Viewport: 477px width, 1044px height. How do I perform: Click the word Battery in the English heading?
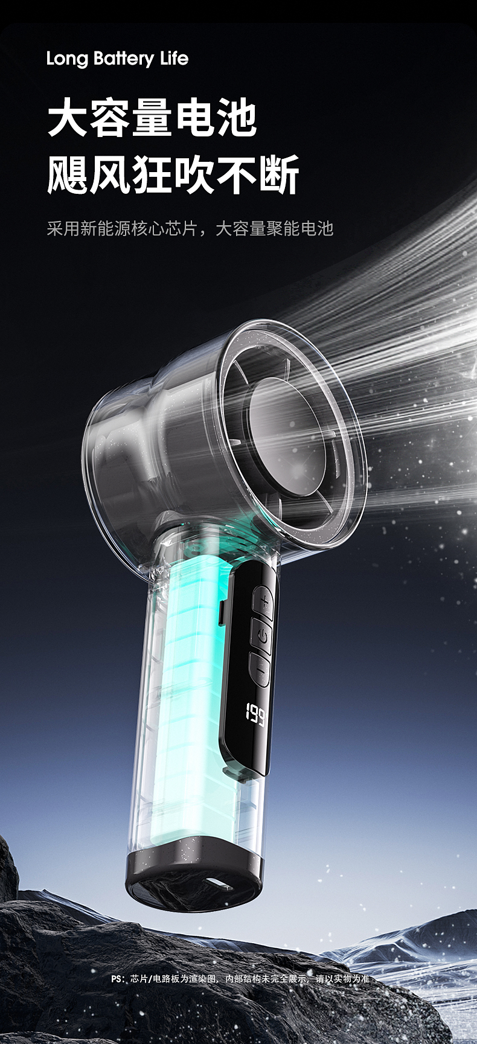[x=124, y=59]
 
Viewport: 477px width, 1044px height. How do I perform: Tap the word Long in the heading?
[x=67, y=59]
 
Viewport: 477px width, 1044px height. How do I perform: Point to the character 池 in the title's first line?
[x=237, y=118]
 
